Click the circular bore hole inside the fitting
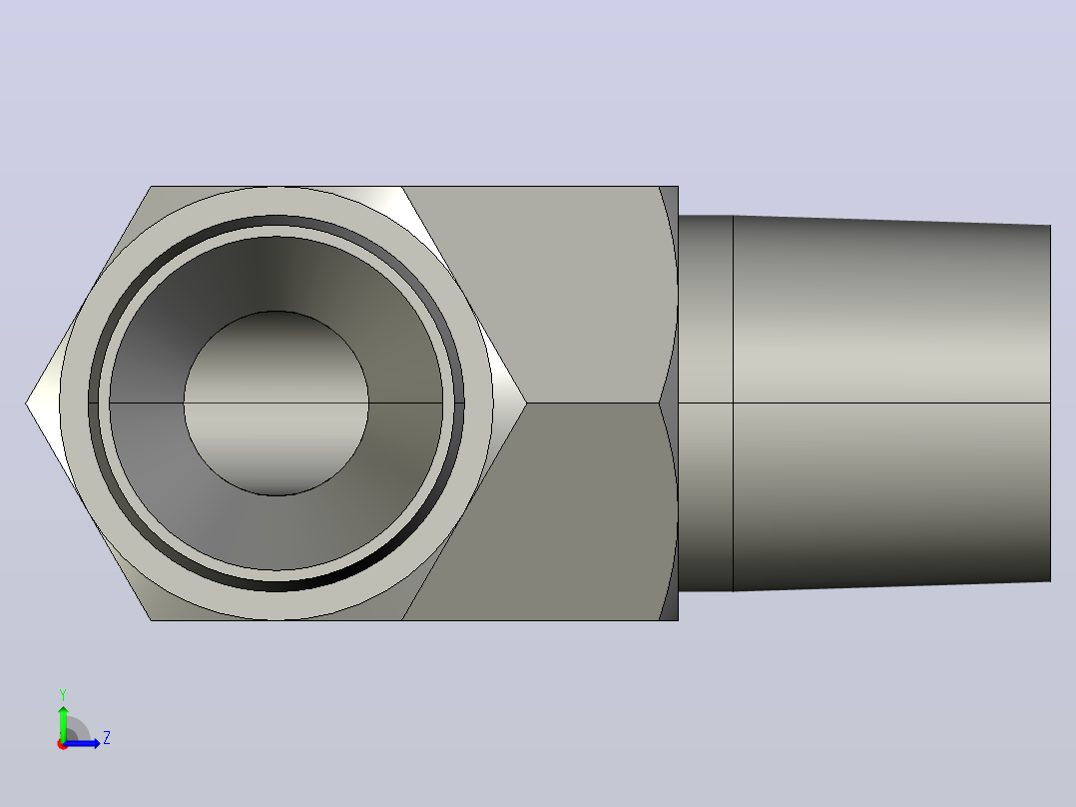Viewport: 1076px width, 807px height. tap(275, 403)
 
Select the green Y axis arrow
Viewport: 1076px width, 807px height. tap(63, 723)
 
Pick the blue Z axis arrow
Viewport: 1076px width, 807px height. tap(82, 743)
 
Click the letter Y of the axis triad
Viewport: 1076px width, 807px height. tap(63, 694)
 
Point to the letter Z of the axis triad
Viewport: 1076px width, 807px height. tap(107, 738)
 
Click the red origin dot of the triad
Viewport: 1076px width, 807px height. tap(63, 744)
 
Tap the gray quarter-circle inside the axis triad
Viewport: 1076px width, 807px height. tap(77, 730)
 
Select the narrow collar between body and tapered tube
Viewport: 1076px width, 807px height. tap(706, 403)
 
